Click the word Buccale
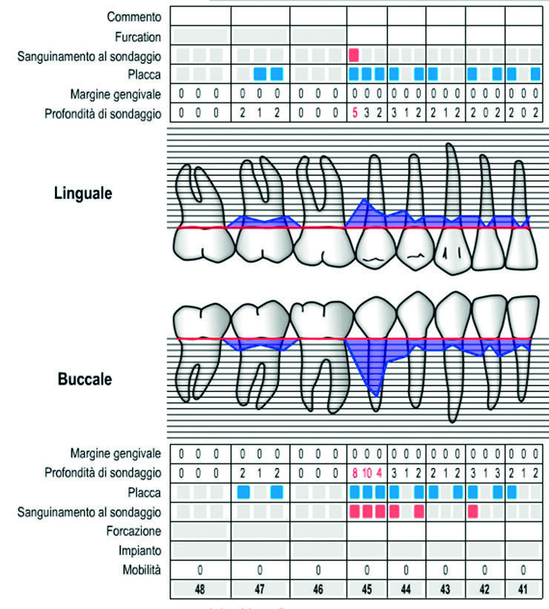pyautogui.click(x=84, y=379)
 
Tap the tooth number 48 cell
pyautogui.click(x=199, y=590)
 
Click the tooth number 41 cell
pyautogui.click(x=523, y=590)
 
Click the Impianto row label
pyautogui.click(x=139, y=550)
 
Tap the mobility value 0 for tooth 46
pyautogui.click(x=318, y=570)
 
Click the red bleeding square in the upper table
pyautogui.click(x=354, y=55)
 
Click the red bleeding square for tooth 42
pyautogui.click(x=473, y=511)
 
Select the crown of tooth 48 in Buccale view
pyautogui.click(x=200, y=322)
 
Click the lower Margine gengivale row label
pyautogui.click(x=116, y=453)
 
